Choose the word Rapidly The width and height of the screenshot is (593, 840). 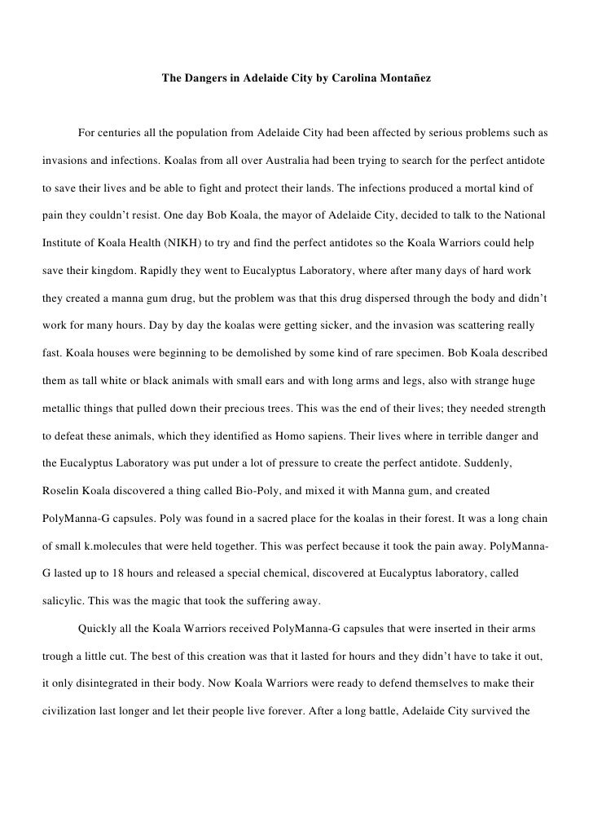pos(164,270)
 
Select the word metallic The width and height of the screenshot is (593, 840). pos(63,408)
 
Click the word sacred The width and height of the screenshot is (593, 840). pos(296,519)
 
